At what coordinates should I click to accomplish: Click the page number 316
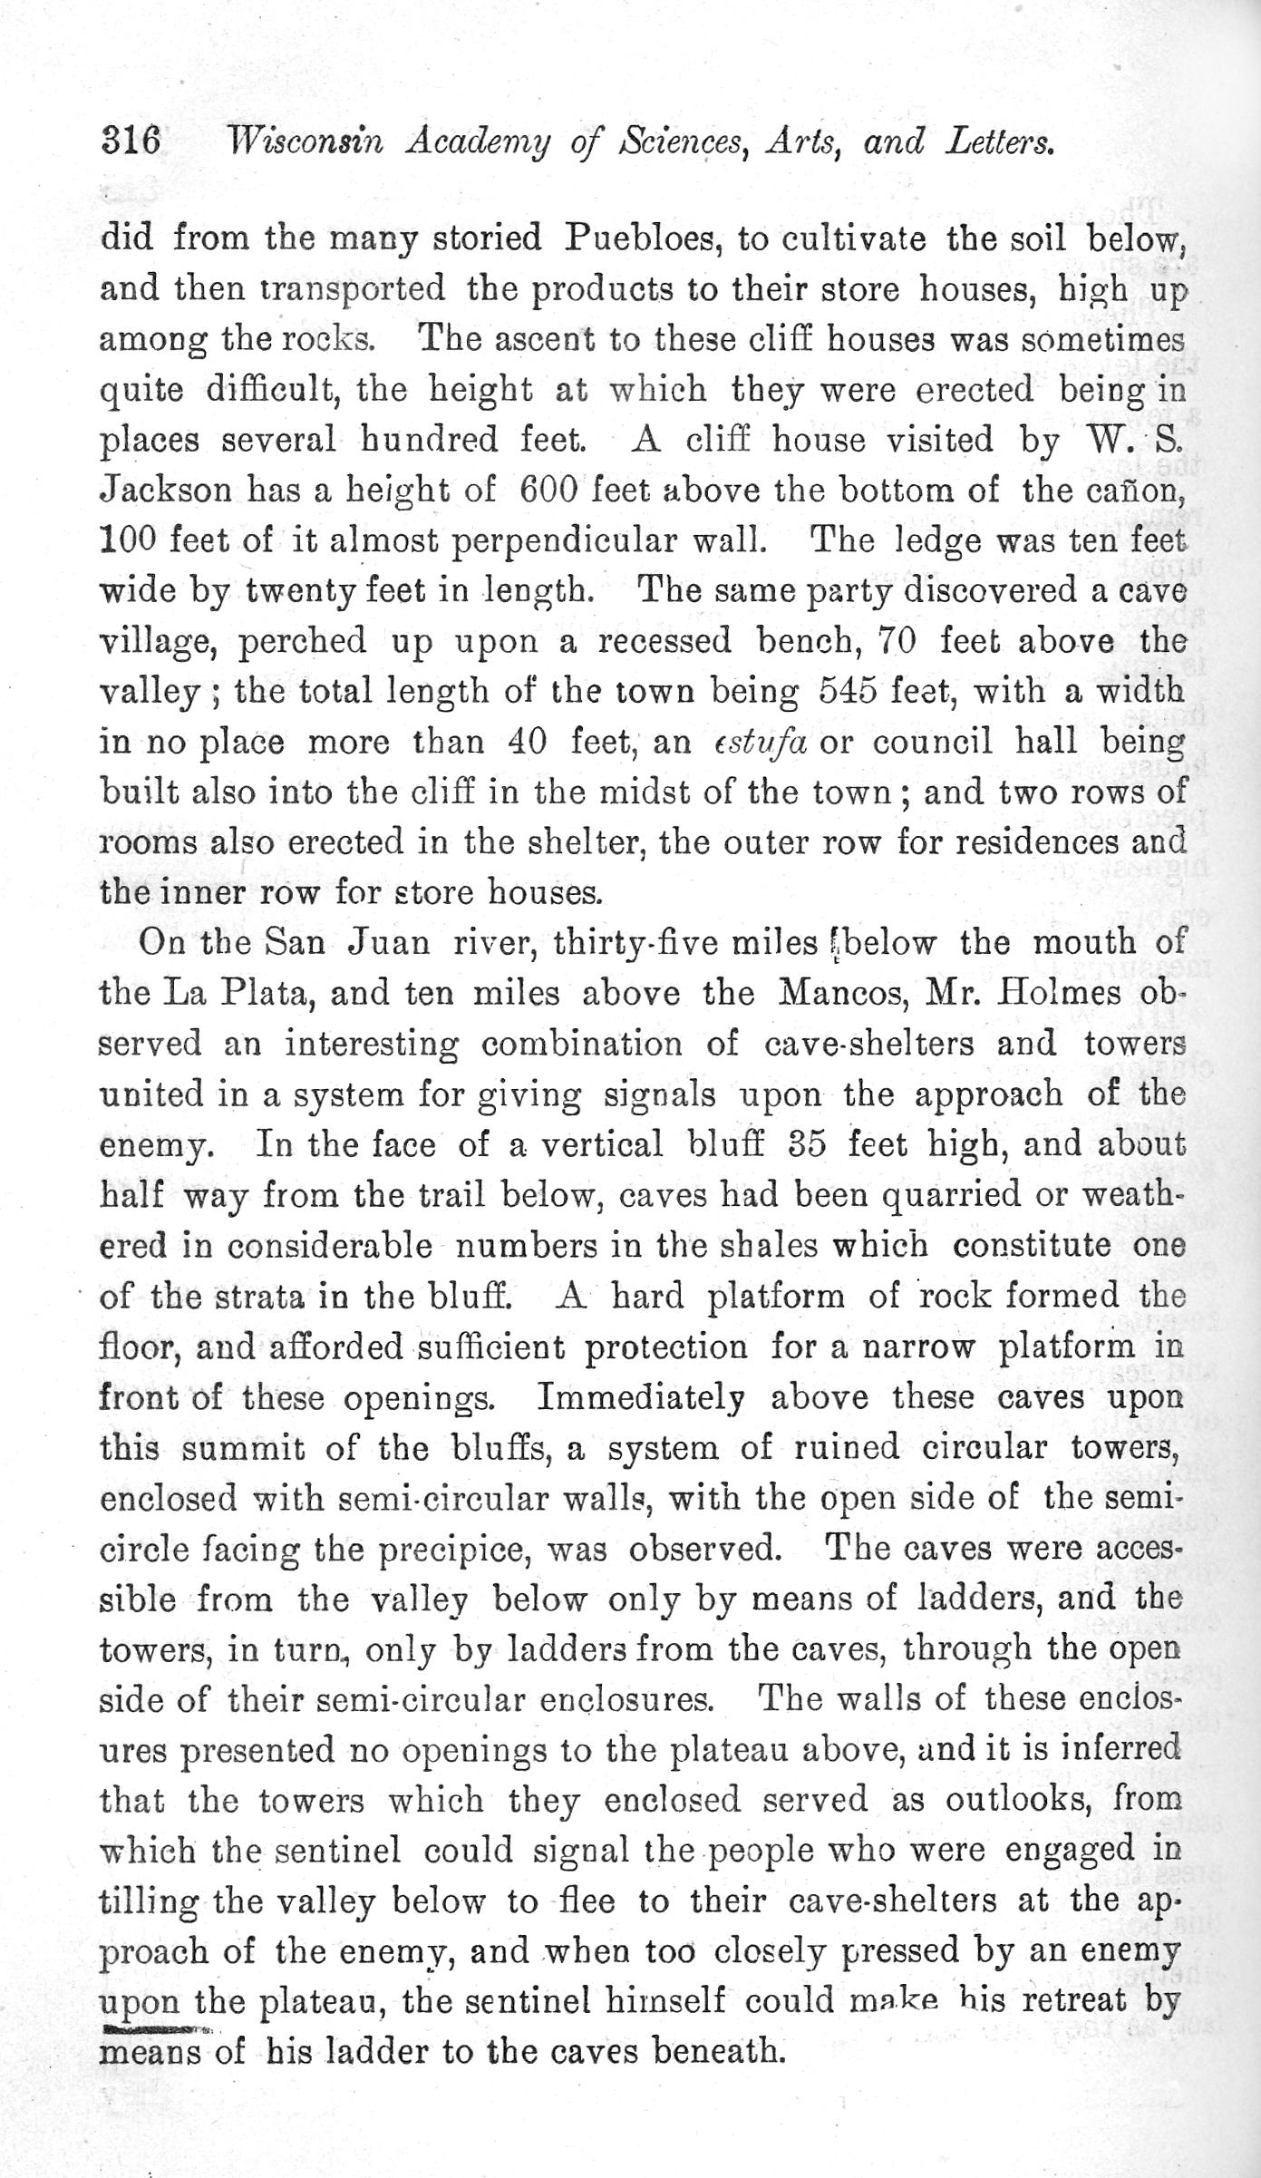[131, 142]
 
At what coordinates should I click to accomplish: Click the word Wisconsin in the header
[308, 142]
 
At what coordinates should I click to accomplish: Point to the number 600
[549, 491]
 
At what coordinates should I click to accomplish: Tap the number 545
[848, 693]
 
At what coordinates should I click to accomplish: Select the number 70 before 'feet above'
[898, 642]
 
